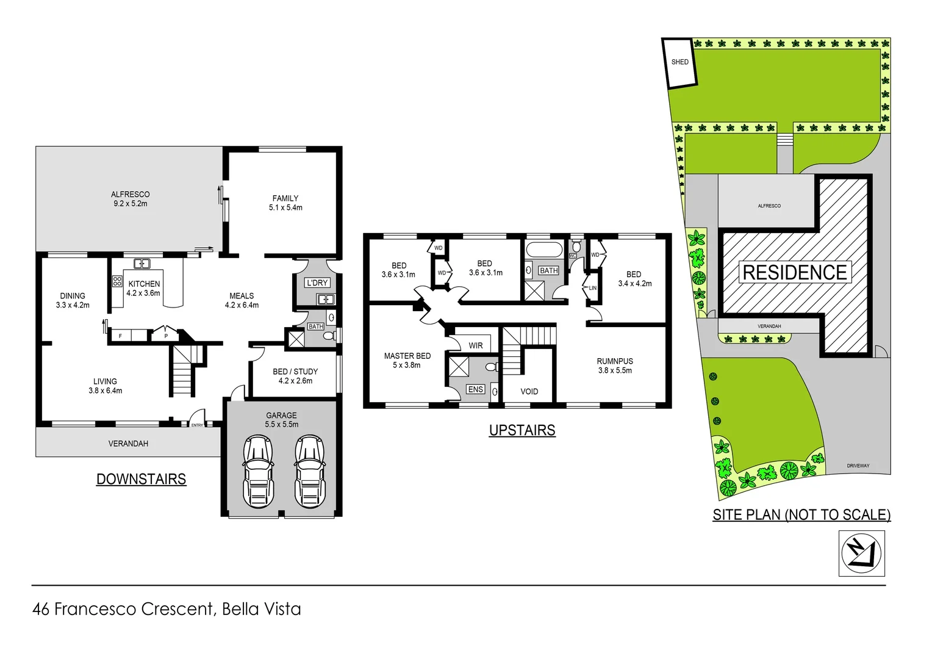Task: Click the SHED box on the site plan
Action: (x=679, y=62)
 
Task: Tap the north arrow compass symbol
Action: (x=861, y=553)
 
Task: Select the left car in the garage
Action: (x=258, y=471)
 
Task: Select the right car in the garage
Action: (x=309, y=471)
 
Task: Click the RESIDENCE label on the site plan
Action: (x=795, y=272)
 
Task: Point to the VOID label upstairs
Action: (x=529, y=392)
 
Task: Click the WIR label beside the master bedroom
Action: (x=476, y=345)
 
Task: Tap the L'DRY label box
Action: (x=317, y=283)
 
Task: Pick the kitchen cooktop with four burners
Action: (x=117, y=281)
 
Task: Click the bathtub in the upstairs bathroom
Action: (x=544, y=250)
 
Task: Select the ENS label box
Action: (x=475, y=389)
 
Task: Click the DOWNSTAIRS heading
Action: (x=141, y=479)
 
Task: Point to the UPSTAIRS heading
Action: (x=522, y=430)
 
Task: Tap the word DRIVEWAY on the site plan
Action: (x=858, y=466)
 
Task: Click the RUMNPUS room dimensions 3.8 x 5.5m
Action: (x=615, y=370)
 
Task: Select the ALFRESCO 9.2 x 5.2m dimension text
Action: (x=130, y=204)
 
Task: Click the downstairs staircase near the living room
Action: (x=182, y=370)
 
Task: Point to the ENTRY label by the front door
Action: (x=197, y=425)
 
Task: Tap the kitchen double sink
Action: (x=142, y=264)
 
